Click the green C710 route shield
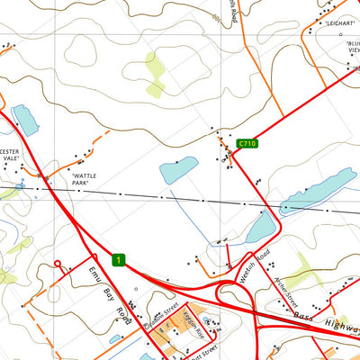click(247, 144)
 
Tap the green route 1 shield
click(118, 260)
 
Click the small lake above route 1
click(178, 168)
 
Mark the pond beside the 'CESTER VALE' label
click(24, 120)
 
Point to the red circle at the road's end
click(57, 265)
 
